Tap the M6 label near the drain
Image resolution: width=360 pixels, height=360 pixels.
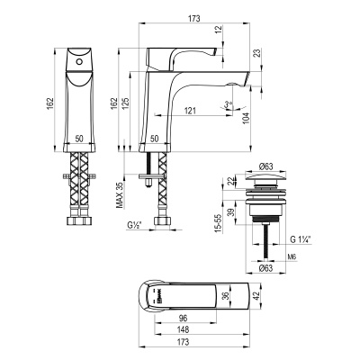[305, 255]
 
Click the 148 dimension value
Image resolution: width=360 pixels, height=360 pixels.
[184, 329]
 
